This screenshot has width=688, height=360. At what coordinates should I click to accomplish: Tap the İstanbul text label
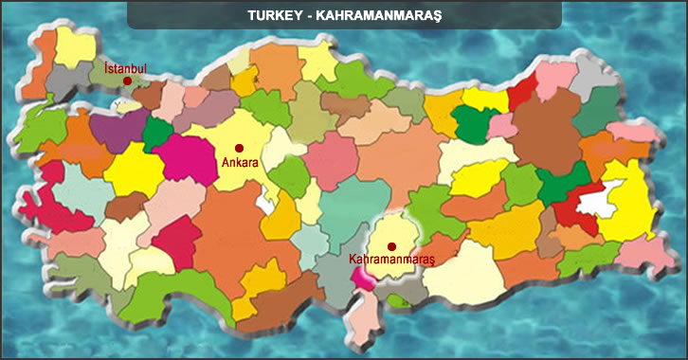(125, 67)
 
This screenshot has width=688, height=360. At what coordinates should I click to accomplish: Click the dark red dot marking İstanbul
(127, 81)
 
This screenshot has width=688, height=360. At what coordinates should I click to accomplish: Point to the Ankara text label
(239, 163)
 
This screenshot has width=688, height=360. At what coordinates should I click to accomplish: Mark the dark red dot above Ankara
(240, 148)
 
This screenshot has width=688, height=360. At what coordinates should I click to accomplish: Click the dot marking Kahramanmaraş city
(391, 246)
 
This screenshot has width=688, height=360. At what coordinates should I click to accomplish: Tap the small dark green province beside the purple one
(154, 133)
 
